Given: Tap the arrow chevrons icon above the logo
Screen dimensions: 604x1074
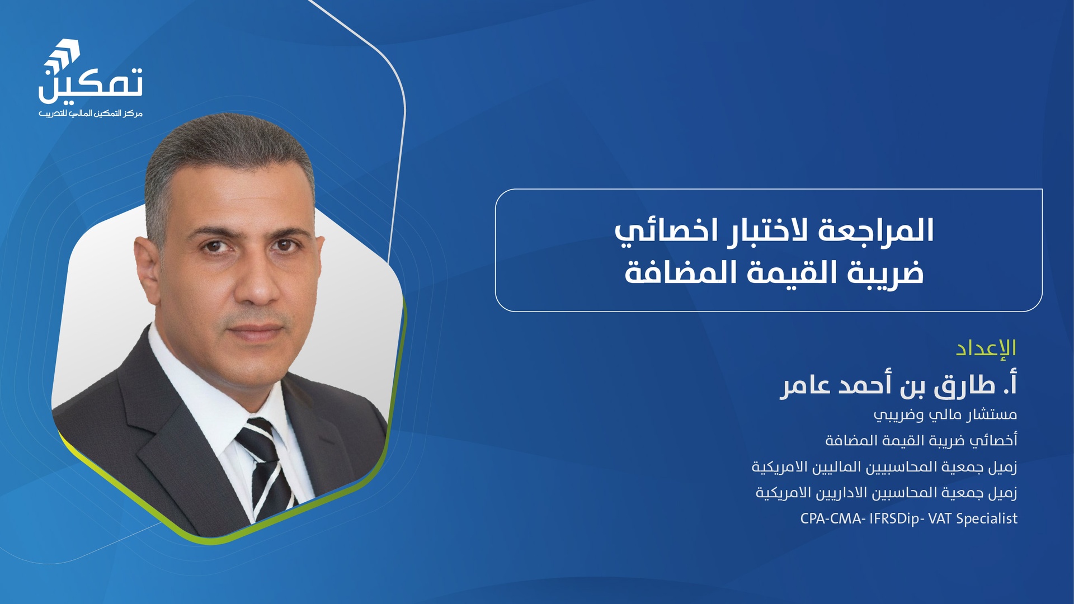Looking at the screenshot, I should pos(63,55).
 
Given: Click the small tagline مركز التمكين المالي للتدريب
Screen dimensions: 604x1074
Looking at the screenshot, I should pos(91,114).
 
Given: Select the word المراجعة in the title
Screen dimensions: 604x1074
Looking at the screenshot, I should pos(876,230).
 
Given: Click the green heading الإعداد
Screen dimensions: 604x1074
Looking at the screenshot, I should pos(986,348).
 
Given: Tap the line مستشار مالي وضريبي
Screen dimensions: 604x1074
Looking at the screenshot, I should pos(945,414).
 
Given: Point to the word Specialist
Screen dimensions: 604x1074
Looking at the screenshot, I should pos(987,519).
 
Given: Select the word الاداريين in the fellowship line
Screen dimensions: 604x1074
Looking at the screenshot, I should pos(842,493).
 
